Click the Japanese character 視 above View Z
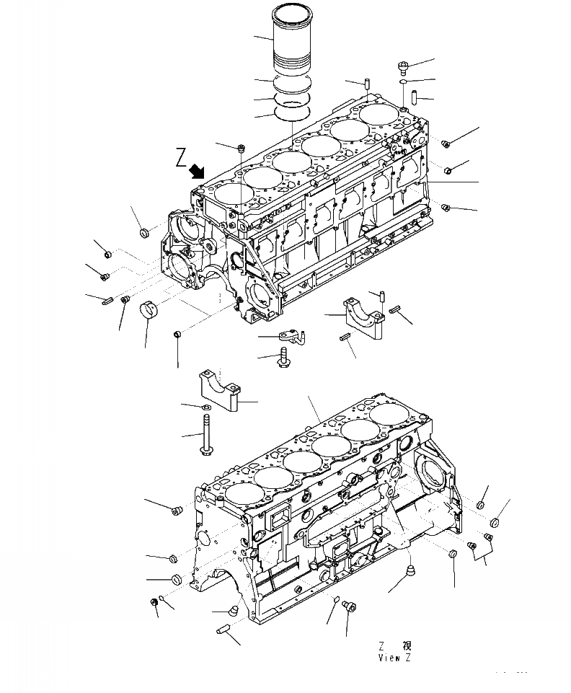pyautogui.click(x=407, y=646)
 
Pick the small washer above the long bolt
pyautogui.click(x=205, y=408)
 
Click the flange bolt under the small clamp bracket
pyautogui.click(x=282, y=357)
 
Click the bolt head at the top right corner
pyautogui.click(x=402, y=68)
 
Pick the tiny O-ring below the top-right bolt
pyautogui.click(x=404, y=82)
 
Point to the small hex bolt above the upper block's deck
pyautogui.click(x=242, y=148)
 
